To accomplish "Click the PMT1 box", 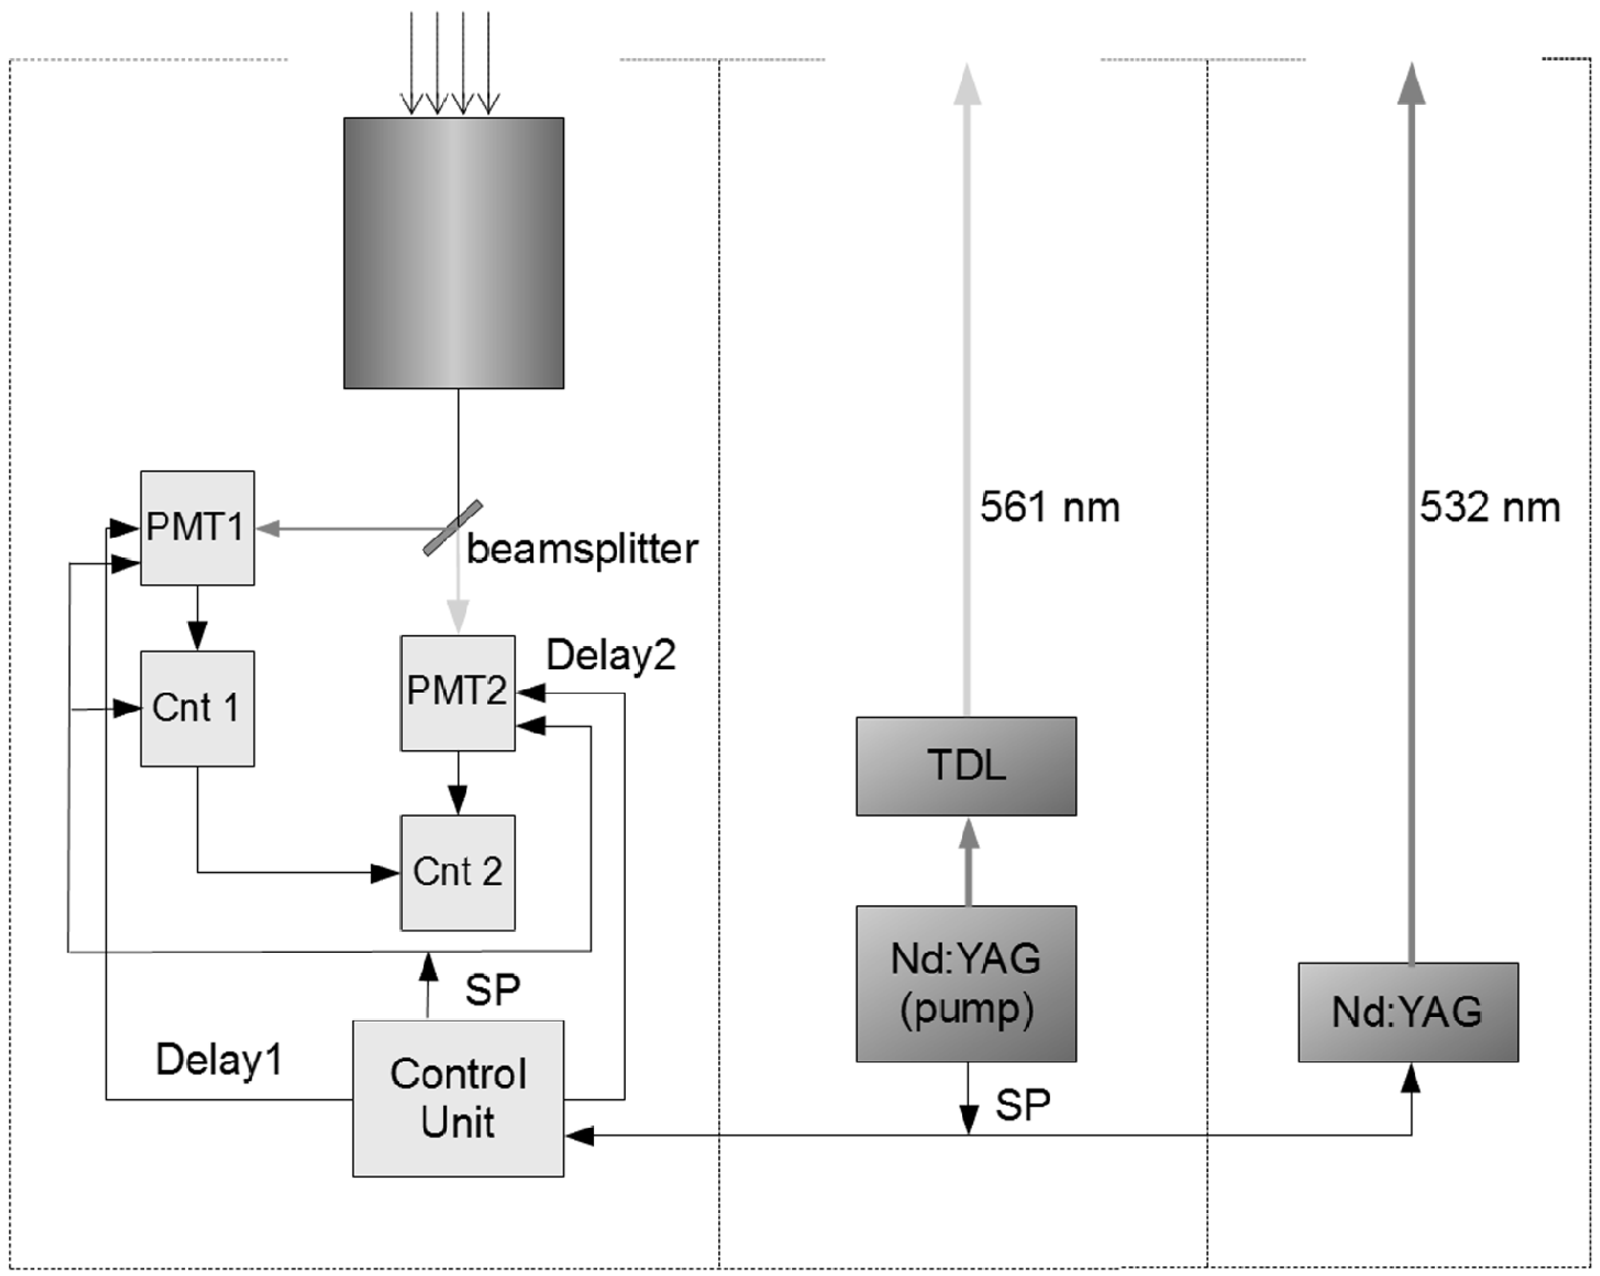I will [197, 527].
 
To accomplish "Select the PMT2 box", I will [457, 692].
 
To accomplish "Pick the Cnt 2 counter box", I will [457, 873].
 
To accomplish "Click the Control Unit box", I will [458, 1098].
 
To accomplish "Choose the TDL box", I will [965, 765].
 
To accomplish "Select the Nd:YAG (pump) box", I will [965, 983].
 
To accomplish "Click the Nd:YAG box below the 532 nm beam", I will [1408, 1012].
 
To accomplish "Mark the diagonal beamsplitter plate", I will [453, 527].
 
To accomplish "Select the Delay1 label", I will [219, 1059].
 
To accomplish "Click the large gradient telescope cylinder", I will [453, 252].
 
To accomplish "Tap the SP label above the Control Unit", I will [492, 989].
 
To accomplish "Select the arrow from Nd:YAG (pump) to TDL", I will [968, 860].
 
